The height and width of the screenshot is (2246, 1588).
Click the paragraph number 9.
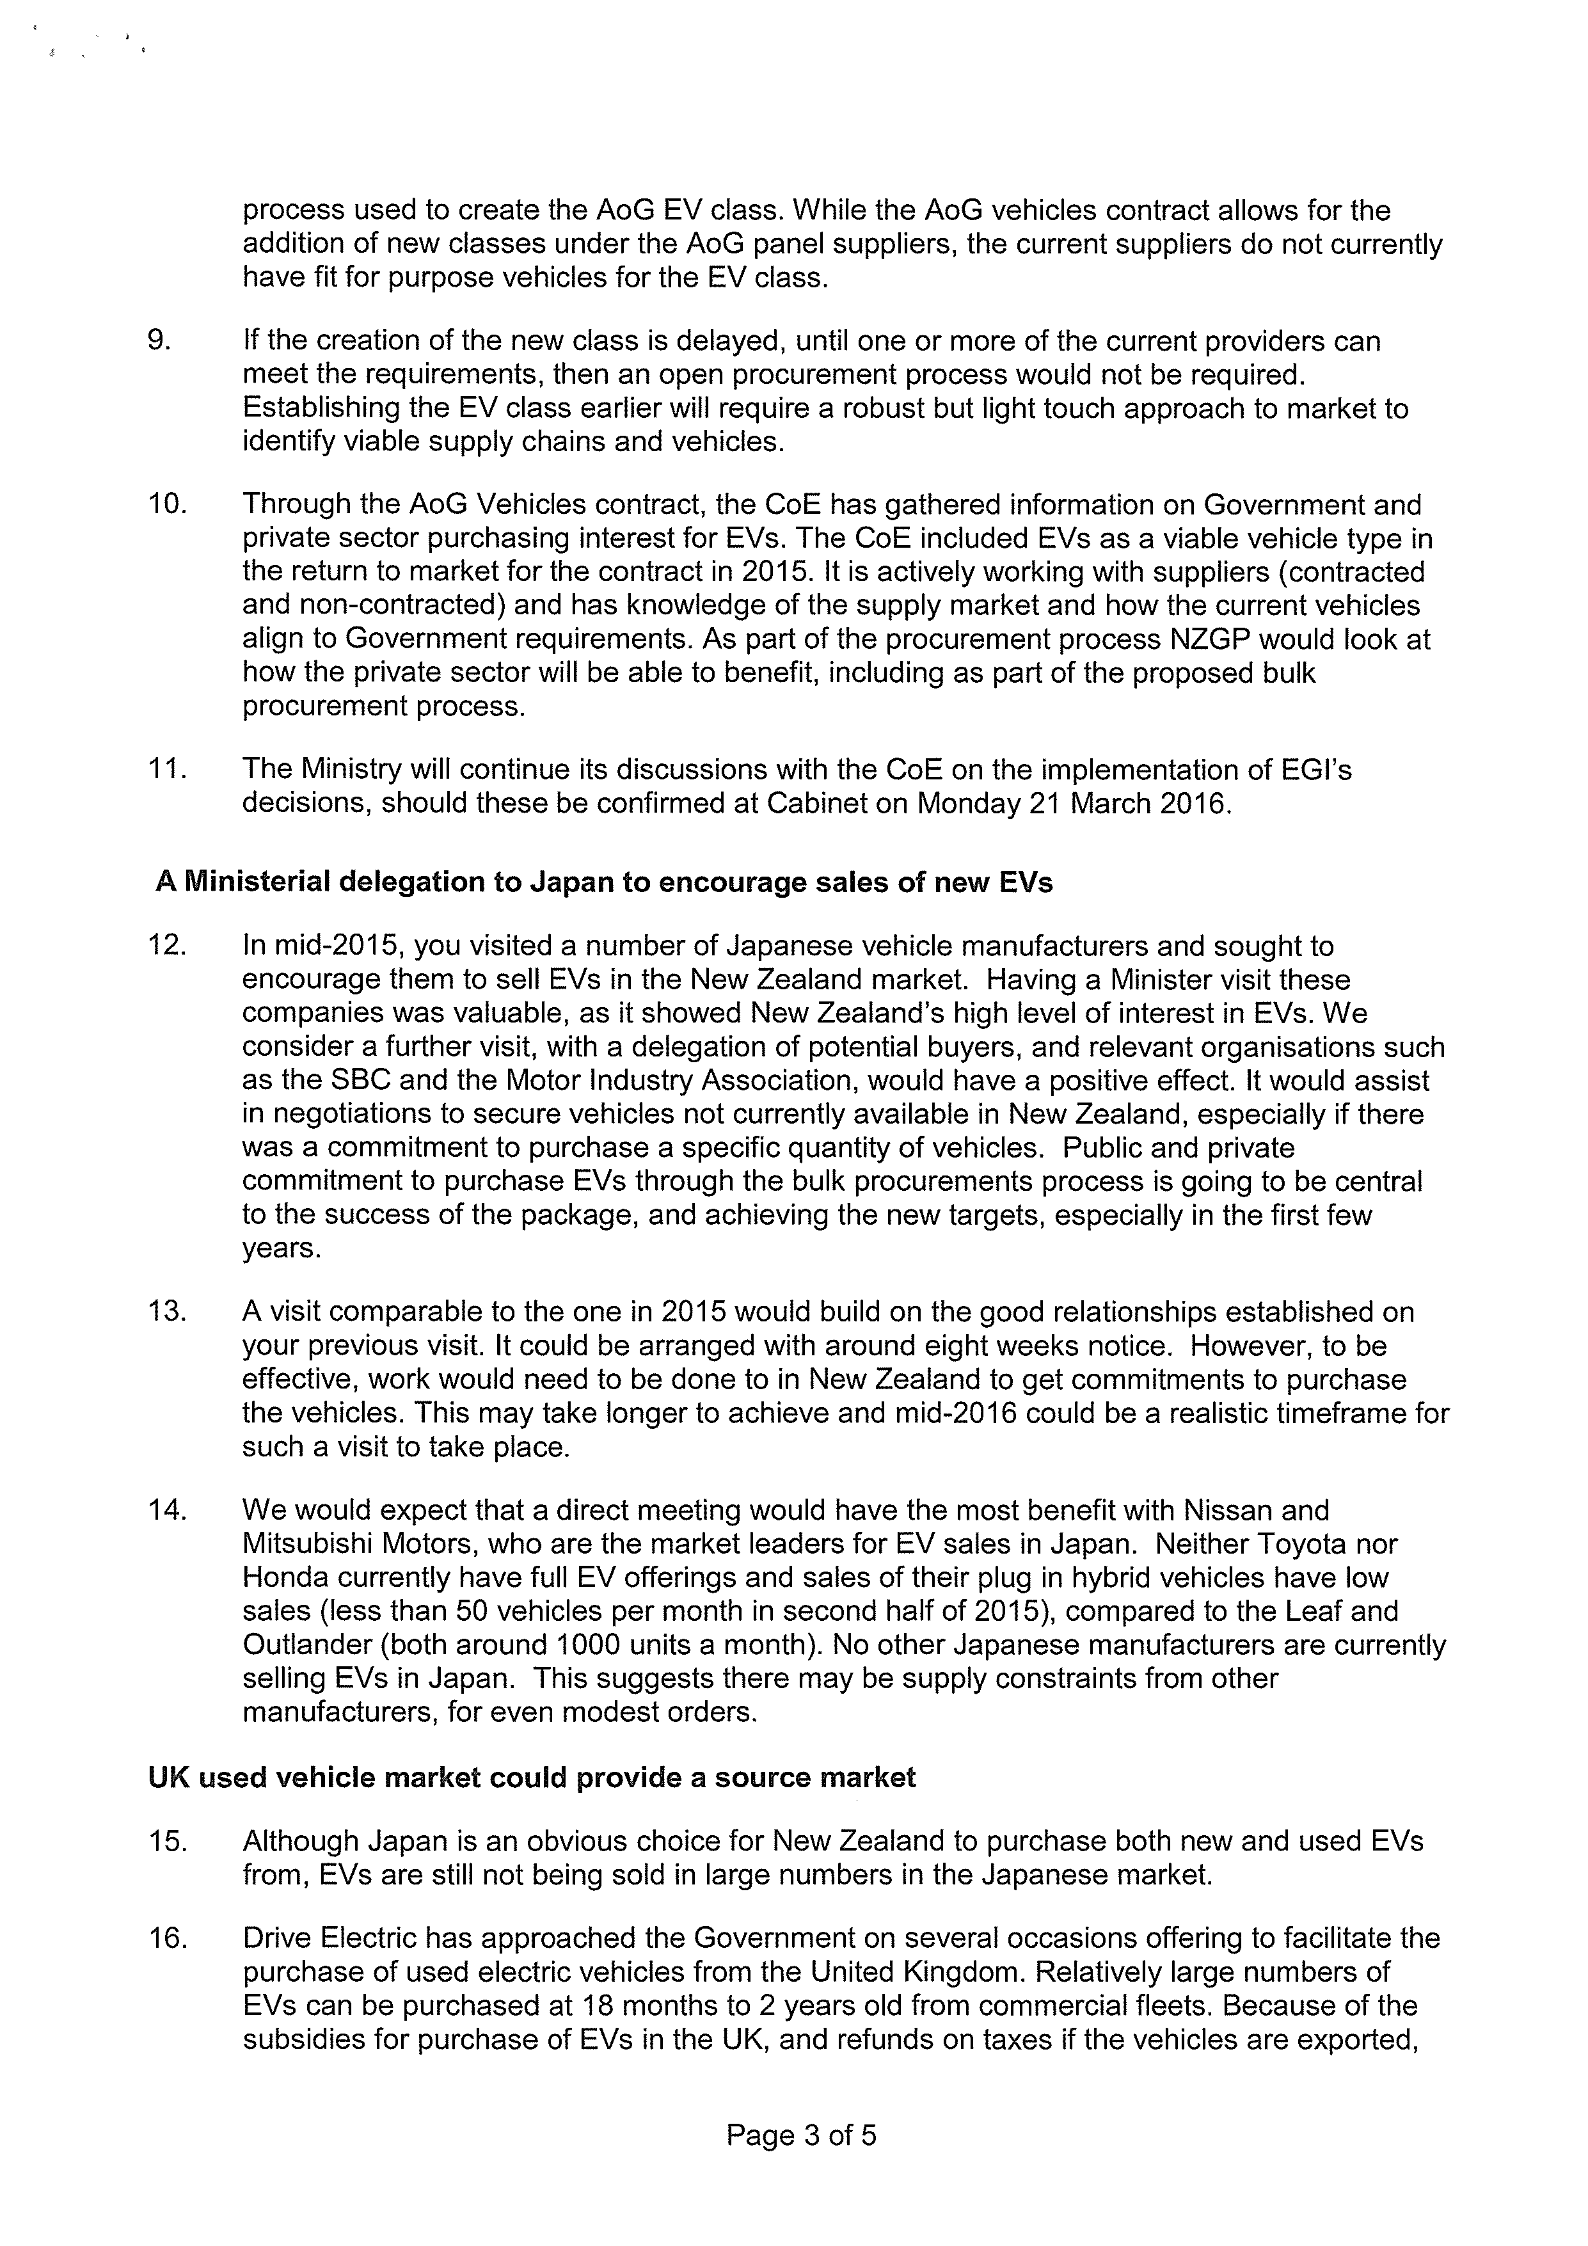click(x=159, y=342)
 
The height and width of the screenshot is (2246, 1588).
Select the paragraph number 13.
click(x=166, y=1312)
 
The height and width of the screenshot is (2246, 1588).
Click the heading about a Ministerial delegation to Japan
click(x=603, y=882)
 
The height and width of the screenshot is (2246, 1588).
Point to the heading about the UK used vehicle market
click(x=532, y=1778)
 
